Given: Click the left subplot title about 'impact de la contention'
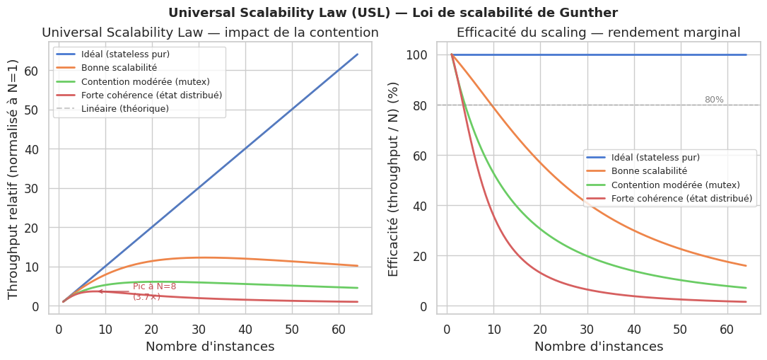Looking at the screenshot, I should (210, 33).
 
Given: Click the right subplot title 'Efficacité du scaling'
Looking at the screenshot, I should (598, 33).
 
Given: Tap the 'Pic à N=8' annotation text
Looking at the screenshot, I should (154, 286).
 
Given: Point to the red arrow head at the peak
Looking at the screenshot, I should (100, 291).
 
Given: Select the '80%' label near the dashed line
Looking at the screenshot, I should (713, 100).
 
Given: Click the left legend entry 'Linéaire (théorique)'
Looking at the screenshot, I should (124, 108).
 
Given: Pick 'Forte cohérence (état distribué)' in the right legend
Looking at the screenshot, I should (681, 199).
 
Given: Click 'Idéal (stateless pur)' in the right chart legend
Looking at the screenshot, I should (655, 157).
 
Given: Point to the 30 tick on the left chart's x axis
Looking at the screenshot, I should (199, 328).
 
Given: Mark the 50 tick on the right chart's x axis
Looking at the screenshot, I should (680, 328).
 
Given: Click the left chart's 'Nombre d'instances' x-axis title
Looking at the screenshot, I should (210, 347).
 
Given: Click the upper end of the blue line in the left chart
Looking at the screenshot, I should (357, 54).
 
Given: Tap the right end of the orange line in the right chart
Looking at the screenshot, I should (746, 266).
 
